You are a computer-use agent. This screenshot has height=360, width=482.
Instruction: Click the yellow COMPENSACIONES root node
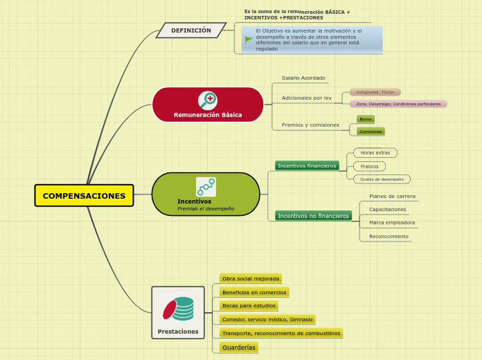pyautogui.click(x=84, y=196)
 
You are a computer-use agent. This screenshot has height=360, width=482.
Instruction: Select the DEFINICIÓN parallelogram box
pyautogui.click(x=191, y=30)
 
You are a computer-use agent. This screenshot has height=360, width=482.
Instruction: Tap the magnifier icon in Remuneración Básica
pyautogui.click(x=207, y=100)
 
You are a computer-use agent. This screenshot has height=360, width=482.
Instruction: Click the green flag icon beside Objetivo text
pyautogui.click(x=249, y=39)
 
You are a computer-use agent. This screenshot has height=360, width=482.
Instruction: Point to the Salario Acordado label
pyautogui.click(x=303, y=78)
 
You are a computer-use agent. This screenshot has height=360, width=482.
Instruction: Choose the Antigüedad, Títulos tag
pyautogui.click(x=375, y=92)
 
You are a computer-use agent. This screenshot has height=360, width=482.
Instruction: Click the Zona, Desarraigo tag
pyautogui.click(x=398, y=104)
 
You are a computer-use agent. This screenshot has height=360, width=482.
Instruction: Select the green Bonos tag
pyautogui.click(x=366, y=119)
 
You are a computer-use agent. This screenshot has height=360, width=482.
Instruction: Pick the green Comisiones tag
pyautogui.click(x=371, y=132)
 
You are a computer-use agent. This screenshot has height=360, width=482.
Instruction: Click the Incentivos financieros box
pyautogui.click(x=307, y=165)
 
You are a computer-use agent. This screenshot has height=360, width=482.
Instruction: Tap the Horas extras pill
pyautogui.click(x=375, y=152)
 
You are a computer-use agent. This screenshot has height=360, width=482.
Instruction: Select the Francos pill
pyautogui.click(x=370, y=166)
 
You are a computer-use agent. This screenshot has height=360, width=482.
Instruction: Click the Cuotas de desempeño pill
pyautogui.click(x=382, y=179)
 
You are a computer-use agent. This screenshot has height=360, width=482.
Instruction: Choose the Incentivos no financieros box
pyautogui.click(x=313, y=216)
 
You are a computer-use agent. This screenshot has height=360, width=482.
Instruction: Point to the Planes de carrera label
pyautogui.click(x=392, y=196)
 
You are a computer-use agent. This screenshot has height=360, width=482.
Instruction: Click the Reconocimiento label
pyautogui.click(x=389, y=236)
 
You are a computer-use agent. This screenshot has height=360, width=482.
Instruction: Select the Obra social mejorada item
pyautogui.click(x=250, y=278)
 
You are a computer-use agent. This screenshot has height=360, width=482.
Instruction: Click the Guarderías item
pyautogui.click(x=239, y=347)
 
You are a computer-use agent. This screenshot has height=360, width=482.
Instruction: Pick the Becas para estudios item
pyautogui.click(x=249, y=305)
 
